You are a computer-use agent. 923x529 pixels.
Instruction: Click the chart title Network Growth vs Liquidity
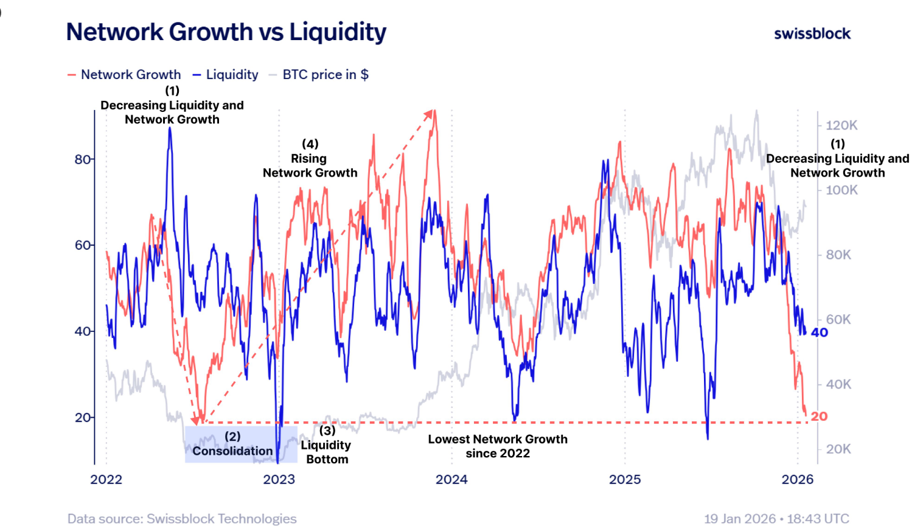click(226, 32)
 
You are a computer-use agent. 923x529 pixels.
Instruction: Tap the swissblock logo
click(812, 34)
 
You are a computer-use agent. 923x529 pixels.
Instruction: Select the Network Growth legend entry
click(124, 75)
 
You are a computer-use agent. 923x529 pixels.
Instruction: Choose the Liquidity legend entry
click(226, 75)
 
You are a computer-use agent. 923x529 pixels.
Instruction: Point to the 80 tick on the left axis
click(83, 159)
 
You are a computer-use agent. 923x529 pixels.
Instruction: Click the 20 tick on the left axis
click(83, 418)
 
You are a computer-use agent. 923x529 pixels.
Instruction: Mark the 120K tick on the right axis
click(841, 125)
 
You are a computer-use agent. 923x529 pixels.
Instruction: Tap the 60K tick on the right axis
click(838, 319)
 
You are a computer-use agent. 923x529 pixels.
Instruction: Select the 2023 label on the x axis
click(279, 479)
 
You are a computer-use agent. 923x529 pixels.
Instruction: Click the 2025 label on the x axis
click(625, 479)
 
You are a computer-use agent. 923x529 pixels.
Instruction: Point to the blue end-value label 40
click(819, 333)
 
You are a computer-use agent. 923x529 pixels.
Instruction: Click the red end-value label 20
click(819, 417)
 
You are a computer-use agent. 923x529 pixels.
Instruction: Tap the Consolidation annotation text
click(232, 451)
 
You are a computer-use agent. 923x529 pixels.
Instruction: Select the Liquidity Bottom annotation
click(327, 445)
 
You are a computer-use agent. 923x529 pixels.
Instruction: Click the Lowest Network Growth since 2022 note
click(498, 446)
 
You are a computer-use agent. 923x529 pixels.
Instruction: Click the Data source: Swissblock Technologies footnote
click(182, 519)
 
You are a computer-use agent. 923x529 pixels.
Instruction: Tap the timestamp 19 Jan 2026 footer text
click(776, 519)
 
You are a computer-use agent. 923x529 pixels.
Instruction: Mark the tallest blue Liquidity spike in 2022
click(170, 130)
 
